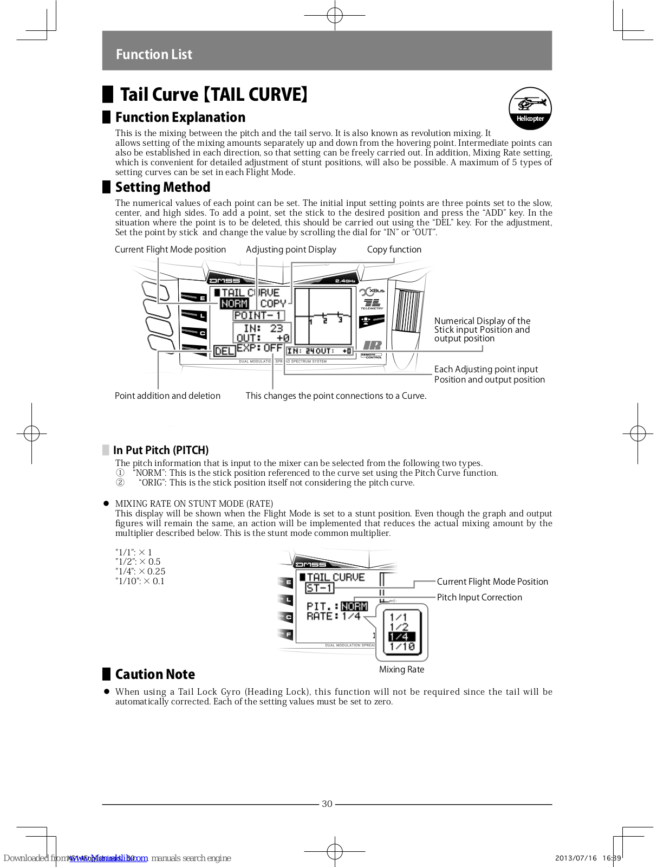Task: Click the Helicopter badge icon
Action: (530, 108)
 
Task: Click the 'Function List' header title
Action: (154, 54)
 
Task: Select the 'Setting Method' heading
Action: (162, 187)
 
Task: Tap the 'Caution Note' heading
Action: (155, 674)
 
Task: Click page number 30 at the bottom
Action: (327, 804)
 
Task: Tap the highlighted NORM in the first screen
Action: (234, 304)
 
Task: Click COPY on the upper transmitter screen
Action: (272, 304)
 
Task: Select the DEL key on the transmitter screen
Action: (224, 351)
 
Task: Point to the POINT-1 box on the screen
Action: (258, 315)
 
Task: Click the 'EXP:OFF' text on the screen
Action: (259, 348)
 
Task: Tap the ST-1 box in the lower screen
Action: (319, 588)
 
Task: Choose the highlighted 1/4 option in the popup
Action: (401, 637)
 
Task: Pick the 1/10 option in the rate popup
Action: (402, 646)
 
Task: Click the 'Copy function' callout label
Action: (394, 249)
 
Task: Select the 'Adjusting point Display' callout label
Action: (291, 249)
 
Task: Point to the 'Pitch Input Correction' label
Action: (479, 597)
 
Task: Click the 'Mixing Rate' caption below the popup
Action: (401, 669)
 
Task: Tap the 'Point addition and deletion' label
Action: (167, 396)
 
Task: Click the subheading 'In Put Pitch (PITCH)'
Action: (161, 450)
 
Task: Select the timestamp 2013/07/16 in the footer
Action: (576, 858)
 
